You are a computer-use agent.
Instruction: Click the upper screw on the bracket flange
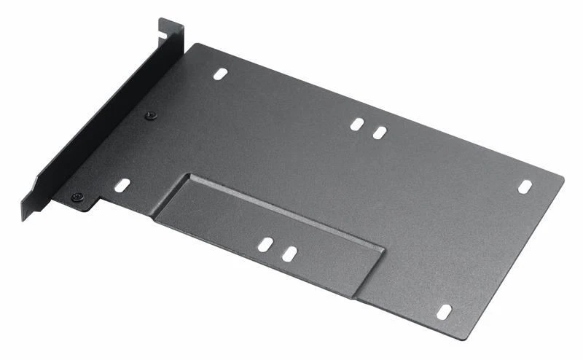click(151, 115)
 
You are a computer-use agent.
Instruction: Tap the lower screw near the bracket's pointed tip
click(77, 197)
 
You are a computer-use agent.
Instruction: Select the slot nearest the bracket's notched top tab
click(221, 74)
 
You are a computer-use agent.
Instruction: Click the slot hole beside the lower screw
click(122, 185)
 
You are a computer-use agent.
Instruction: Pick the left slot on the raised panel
click(265, 244)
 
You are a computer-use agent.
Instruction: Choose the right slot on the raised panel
click(289, 254)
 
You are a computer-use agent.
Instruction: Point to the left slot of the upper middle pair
click(356, 124)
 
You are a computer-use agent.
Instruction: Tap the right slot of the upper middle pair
click(380, 132)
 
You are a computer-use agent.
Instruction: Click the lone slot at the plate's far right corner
click(525, 187)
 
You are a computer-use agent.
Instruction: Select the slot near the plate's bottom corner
click(444, 311)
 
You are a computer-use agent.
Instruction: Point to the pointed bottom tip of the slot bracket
click(25, 217)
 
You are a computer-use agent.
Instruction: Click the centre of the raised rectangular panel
click(270, 230)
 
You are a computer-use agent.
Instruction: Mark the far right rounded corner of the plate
click(562, 178)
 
